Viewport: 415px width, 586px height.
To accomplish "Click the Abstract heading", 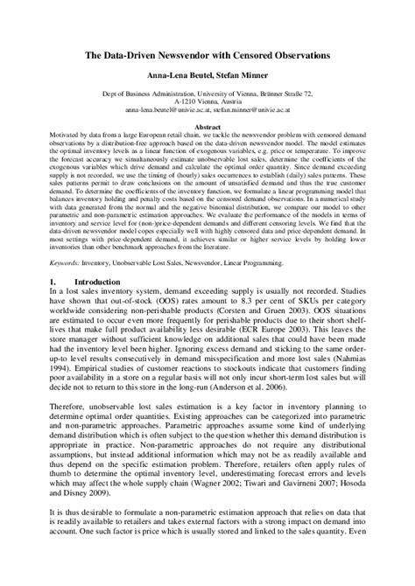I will tap(207, 128).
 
